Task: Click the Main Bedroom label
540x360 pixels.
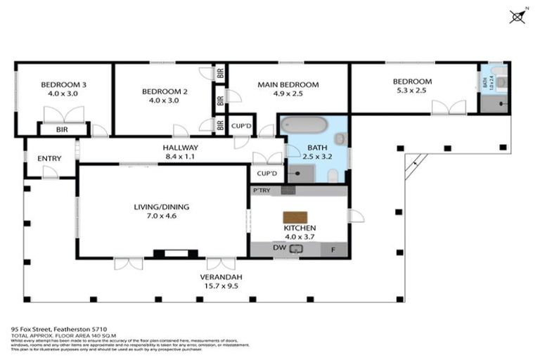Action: click(288, 84)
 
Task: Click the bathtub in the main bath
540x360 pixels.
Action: click(303, 125)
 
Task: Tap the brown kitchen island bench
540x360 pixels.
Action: click(295, 217)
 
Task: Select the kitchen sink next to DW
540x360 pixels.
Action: click(295, 248)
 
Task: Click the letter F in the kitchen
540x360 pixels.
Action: click(333, 249)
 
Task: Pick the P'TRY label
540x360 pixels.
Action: click(261, 191)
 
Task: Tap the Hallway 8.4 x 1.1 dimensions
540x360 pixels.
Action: click(180, 157)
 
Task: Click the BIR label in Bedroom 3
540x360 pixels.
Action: click(63, 130)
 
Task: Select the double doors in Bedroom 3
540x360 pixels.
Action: click(63, 114)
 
